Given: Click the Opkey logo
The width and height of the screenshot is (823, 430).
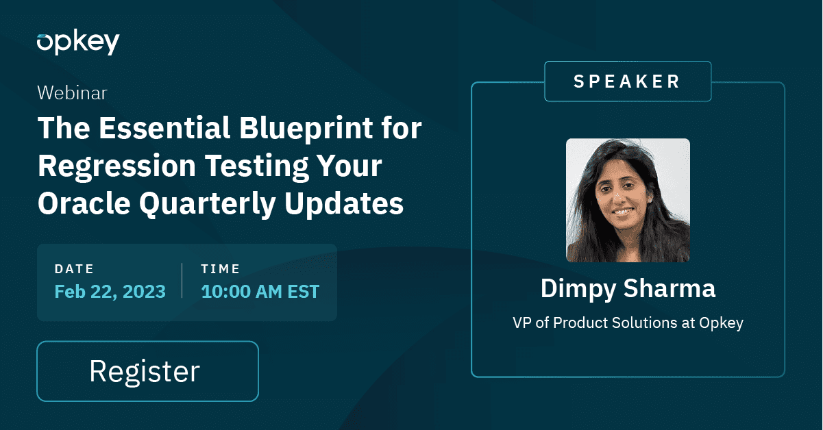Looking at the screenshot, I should click(78, 42).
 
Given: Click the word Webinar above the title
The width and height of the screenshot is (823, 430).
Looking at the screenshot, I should click(72, 93).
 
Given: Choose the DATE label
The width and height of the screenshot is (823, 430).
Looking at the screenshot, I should click(74, 269).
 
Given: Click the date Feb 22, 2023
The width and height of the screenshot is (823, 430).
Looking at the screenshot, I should click(110, 292).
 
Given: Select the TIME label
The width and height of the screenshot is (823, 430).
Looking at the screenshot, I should click(221, 269).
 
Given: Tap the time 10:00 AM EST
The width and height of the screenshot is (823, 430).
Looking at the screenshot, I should click(260, 292).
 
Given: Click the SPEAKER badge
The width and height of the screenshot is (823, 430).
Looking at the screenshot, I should click(627, 81).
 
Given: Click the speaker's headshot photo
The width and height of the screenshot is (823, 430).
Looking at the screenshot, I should click(628, 200).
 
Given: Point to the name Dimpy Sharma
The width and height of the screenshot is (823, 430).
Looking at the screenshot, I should click(628, 288).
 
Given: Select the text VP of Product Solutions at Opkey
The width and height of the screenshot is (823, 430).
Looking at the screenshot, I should click(628, 323).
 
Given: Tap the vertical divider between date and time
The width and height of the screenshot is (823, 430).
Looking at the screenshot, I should click(182, 281).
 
